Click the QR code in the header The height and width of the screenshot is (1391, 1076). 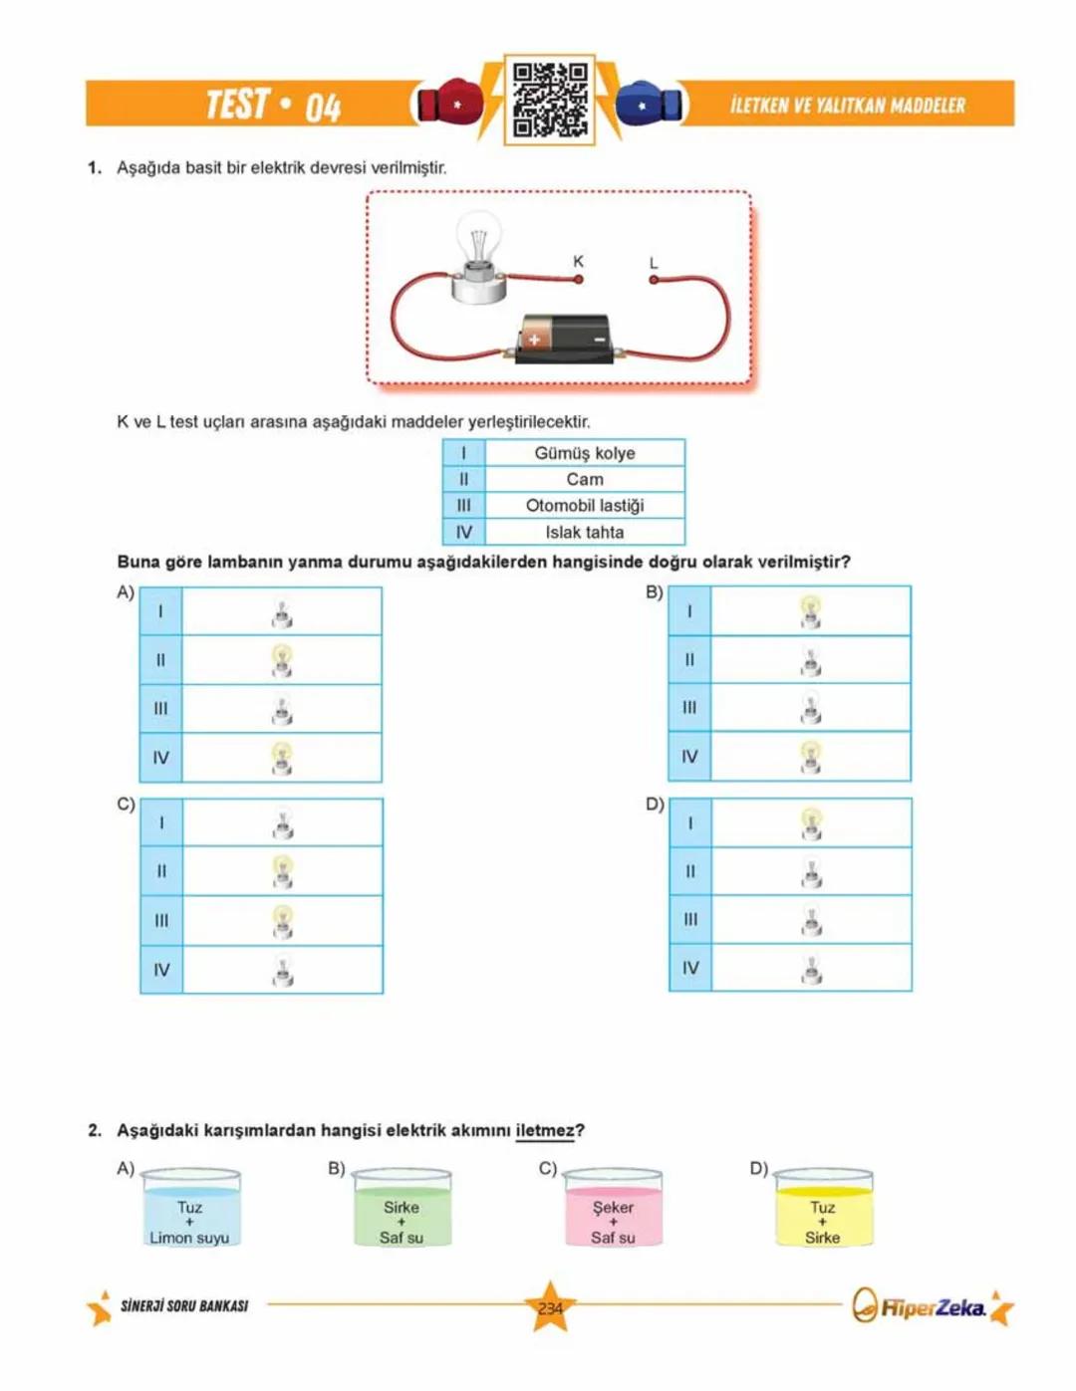pyautogui.click(x=550, y=101)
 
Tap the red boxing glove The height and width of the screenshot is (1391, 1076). pyautogui.click(x=449, y=103)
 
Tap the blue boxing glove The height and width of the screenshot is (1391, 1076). pyautogui.click(x=649, y=103)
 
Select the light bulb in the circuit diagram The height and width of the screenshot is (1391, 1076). pyautogui.click(x=479, y=254)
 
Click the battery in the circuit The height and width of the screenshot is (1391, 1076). pyautogui.click(x=565, y=339)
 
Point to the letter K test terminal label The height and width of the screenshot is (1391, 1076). pyautogui.click(x=578, y=262)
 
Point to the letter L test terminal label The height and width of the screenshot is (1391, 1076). pyautogui.click(x=654, y=263)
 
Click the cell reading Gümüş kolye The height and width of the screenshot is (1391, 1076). pyautogui.click(x=584, y=453)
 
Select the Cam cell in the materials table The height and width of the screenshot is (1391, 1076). pyautogui.click(x=584, y=479)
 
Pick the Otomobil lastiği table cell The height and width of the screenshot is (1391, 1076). pyautogui.click(x=584, y=506)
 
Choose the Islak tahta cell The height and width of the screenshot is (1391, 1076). pyautogui.click(x=584, y=532)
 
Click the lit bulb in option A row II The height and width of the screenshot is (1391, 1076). pyautogui.click(x=282, y=660)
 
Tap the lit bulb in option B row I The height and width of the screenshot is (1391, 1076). pyautogui.click(x=811, y=611)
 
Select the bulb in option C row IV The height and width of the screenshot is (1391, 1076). pyautogui.click(x=283, y=970)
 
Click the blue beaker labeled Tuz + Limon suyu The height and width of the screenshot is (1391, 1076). pyautogui.click(x=190, y=1209)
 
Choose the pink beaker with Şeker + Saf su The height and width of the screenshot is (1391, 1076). pyautogui.click(x=613, y=1209)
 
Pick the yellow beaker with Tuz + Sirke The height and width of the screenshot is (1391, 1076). pyautogui.click(x=823, y=1209)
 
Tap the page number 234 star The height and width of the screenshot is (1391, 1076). pyautogui.click(x=550, y=1307)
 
